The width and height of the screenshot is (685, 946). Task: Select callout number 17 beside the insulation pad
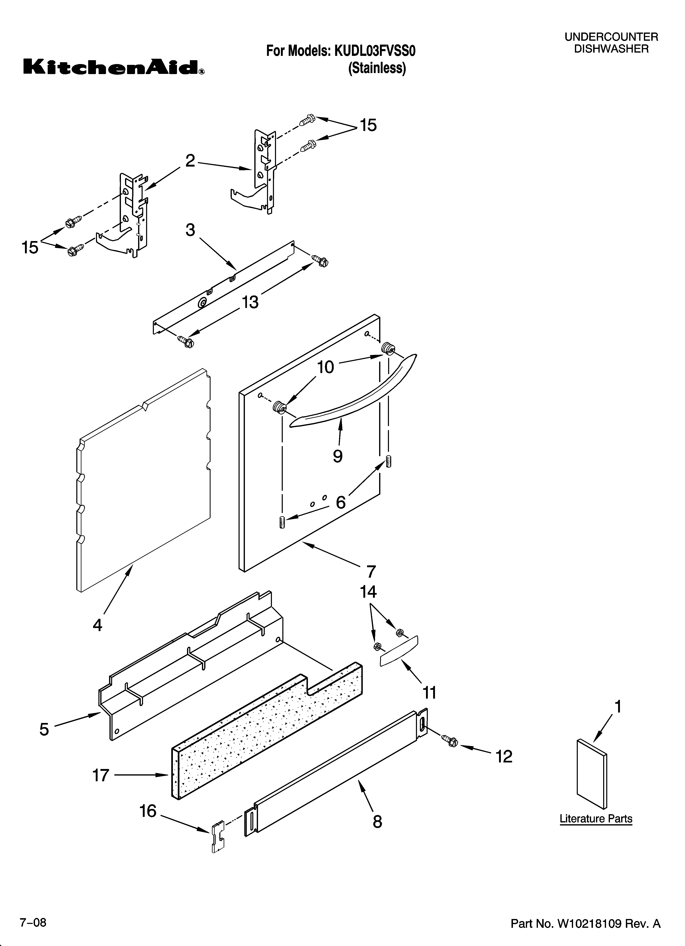[100, 775]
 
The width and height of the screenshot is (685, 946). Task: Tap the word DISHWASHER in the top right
[611, 49]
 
